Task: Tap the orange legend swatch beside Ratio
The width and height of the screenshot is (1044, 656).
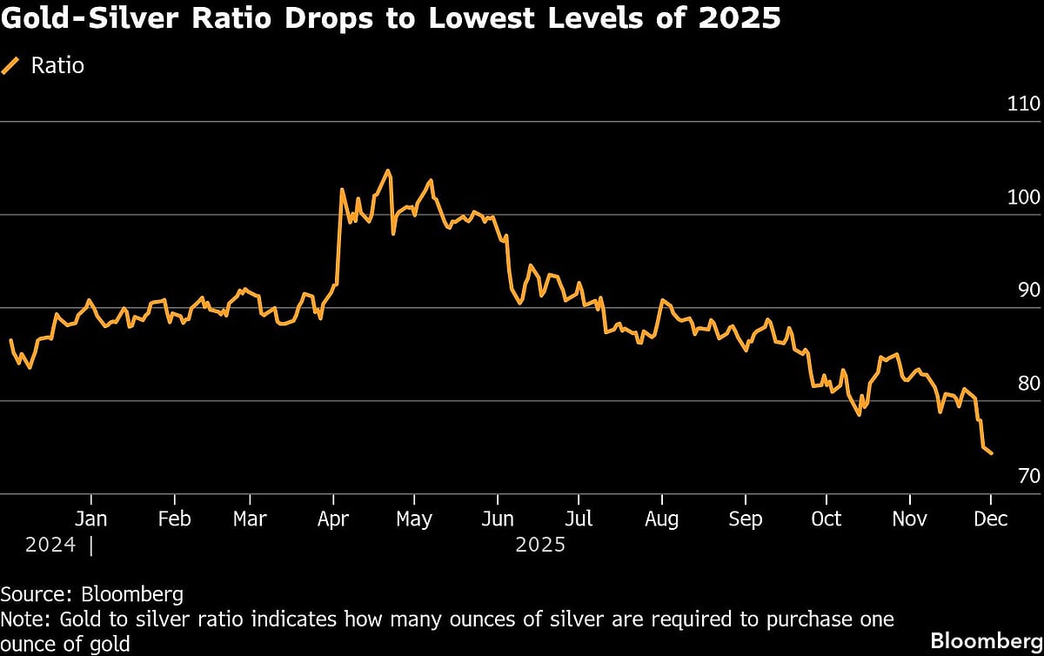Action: [11, 65]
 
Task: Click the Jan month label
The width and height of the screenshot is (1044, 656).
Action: [90, 519]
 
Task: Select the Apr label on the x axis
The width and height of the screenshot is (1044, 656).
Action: [333, 519]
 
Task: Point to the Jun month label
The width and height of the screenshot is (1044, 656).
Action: [497, 519]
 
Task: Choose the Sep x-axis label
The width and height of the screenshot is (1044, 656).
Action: [745, 519]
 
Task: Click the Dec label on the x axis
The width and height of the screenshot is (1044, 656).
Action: [991, 519]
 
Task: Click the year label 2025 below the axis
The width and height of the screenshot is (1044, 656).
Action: [540, 546]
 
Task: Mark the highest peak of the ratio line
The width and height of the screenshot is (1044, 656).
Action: [387, 171]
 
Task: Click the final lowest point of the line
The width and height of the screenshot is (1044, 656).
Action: [992, 453]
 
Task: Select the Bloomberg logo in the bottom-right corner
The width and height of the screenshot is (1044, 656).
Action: [986, 640]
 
